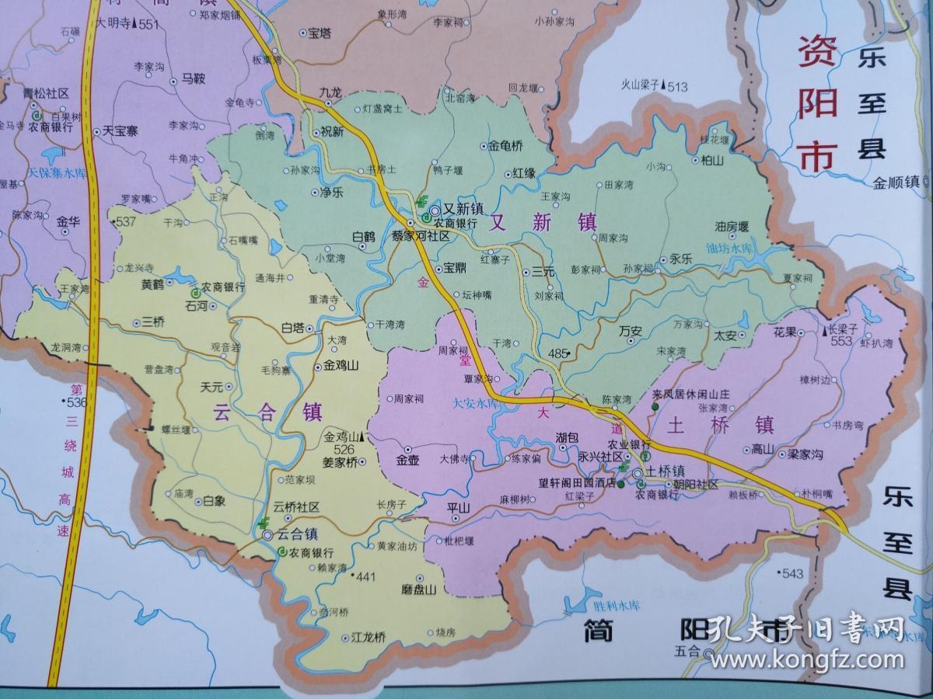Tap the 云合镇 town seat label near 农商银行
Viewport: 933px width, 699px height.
tap(299, 534)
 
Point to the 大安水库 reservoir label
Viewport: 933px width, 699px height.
tap(476, 403)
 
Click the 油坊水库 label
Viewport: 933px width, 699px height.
tap(731, 249)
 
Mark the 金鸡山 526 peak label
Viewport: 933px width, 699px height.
tap(344, 443)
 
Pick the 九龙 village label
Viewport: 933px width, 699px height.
tap(330, 92)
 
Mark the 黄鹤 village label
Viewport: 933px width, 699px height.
tap(152, 285)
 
